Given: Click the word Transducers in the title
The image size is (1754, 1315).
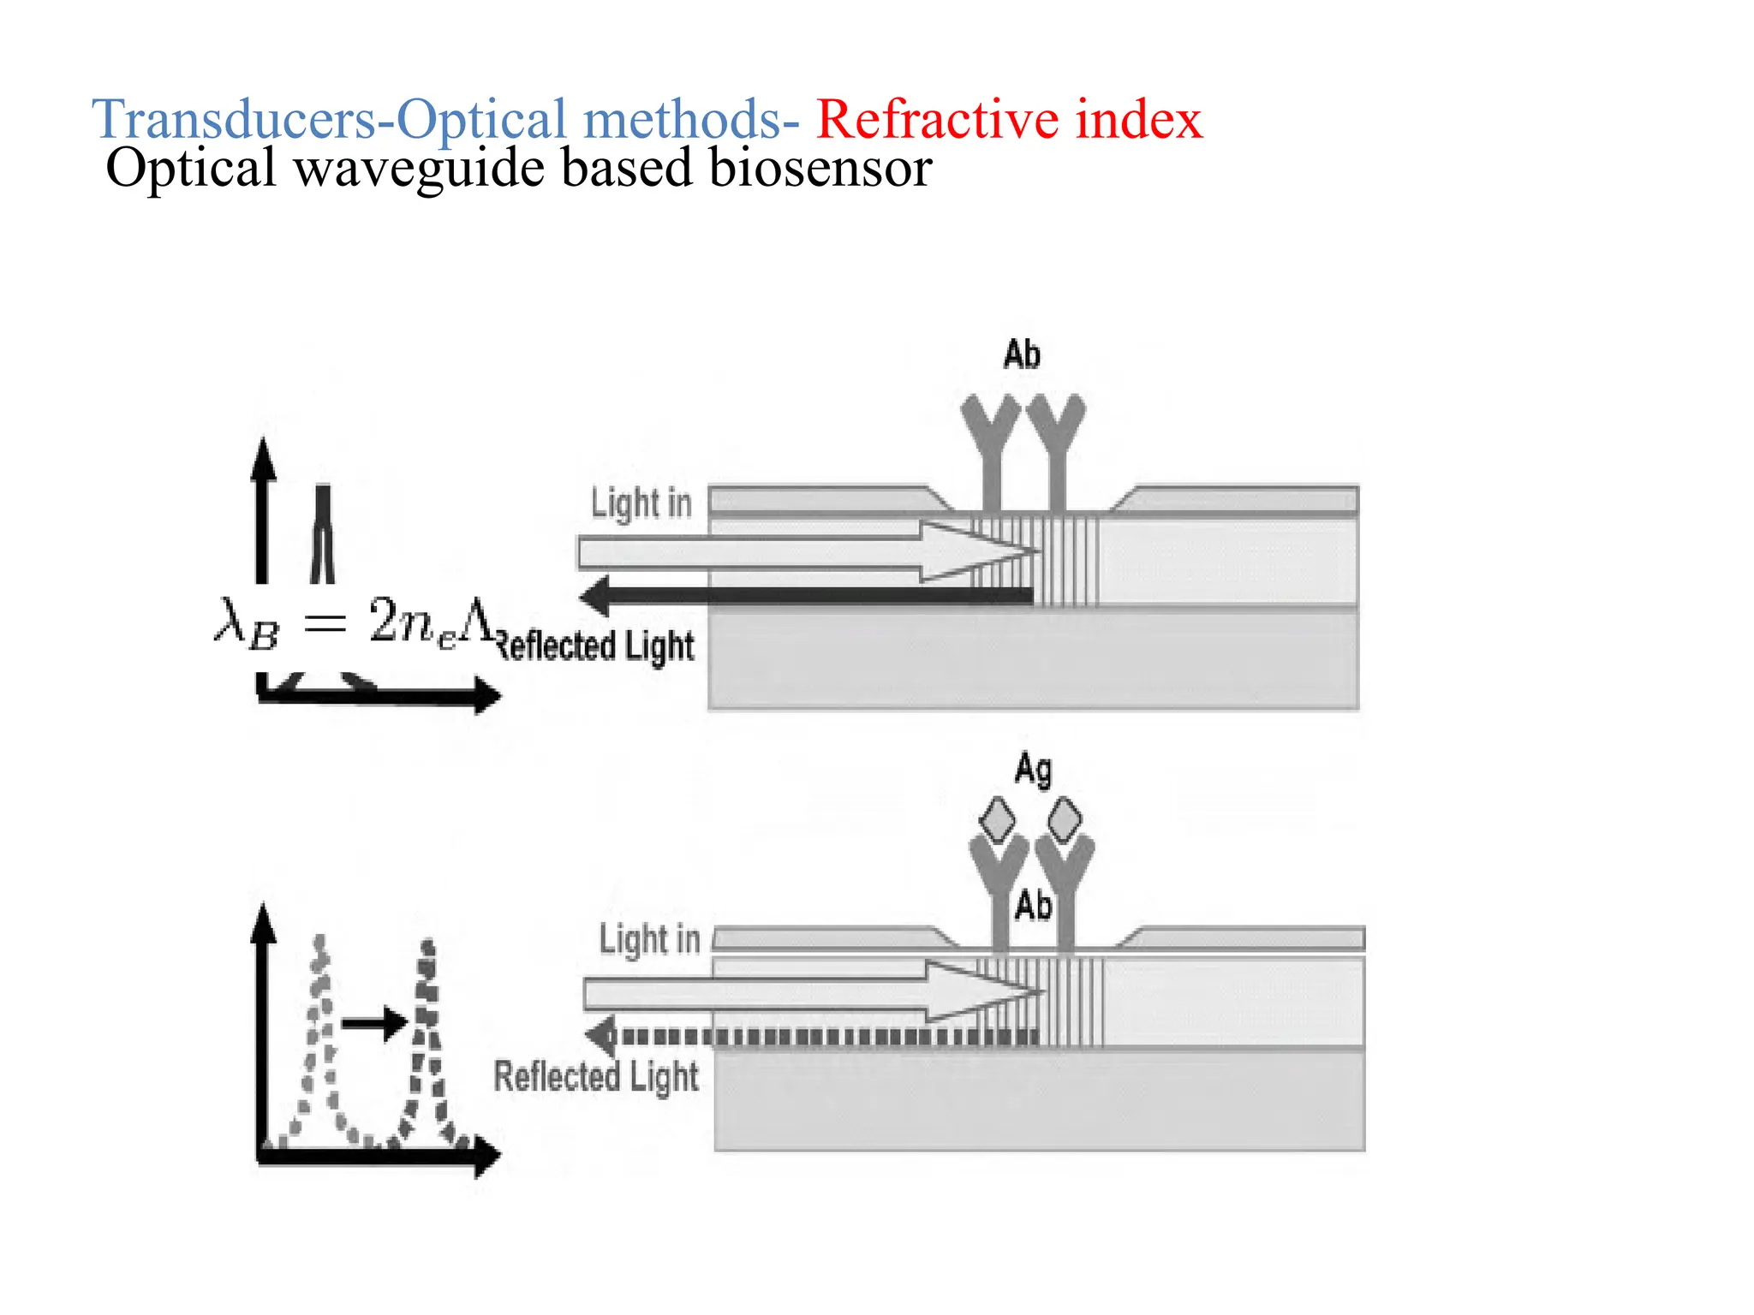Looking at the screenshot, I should [234, 119].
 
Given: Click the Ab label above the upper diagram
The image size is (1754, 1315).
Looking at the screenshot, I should [1021, 354].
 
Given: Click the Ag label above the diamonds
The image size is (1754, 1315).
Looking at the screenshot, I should [1033, 770].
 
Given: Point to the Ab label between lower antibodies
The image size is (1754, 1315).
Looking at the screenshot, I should [1033, 905].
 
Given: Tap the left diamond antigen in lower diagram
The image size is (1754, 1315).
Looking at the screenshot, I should [997, 819].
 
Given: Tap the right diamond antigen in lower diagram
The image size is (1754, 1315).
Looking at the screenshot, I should [1064, 819].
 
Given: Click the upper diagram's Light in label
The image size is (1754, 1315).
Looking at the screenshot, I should [641, 503].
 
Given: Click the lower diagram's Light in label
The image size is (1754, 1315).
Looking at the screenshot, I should [649, 939].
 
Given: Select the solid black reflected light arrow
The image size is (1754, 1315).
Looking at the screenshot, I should [805, 596].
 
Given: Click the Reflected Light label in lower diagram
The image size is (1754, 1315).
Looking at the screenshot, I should [596, 1077].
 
